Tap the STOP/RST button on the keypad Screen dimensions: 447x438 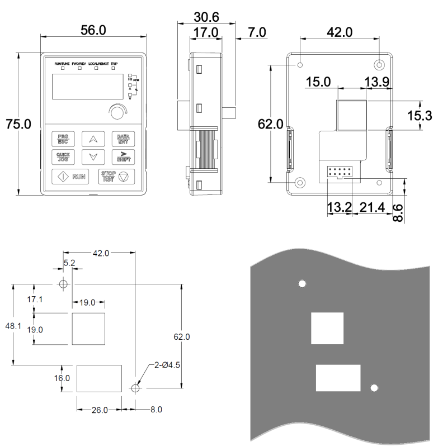tap(116, 177)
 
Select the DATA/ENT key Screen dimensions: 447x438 tap(122, 139)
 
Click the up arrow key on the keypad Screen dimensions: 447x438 tap(93, 139)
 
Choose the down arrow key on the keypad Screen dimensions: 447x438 tap(93, 157)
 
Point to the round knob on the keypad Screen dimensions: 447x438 tap(116, 112)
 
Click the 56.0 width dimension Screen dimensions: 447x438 tap(93, 31)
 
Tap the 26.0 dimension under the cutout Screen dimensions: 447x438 tap(98, 410)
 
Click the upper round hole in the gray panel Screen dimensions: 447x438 tap(302, 284)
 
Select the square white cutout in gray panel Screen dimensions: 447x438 tap(327, 328)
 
